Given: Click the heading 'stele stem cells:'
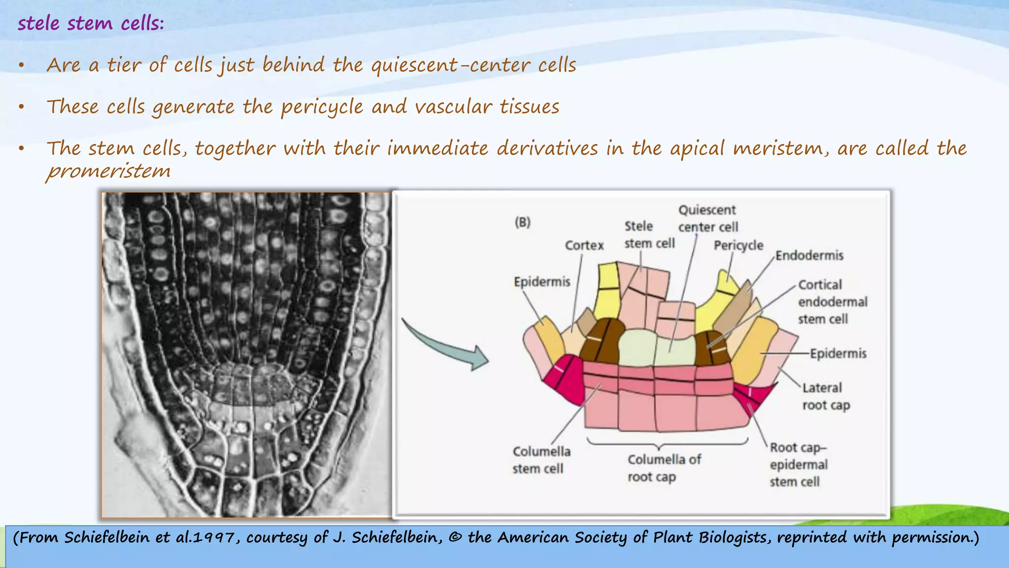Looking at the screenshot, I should [x=91, y=23].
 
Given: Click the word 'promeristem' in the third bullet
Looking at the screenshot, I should [x=108, y=171].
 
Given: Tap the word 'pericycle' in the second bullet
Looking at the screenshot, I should [x=322, y=107].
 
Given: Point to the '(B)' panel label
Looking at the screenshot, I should [x=523, y=222].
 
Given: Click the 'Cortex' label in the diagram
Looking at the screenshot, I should [x=584, y=245].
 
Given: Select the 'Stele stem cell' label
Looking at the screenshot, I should [x=649, y=235].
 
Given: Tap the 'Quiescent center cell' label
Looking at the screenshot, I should [x=707, y=218].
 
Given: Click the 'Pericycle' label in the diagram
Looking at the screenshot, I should [x=738, y=245].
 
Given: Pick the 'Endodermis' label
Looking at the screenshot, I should [x=809, y=255].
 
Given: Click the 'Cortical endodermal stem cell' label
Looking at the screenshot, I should [x=832, y=302].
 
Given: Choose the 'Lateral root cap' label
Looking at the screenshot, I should [x=826, y=396].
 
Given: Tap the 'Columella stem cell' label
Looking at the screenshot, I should [x=541, y=460].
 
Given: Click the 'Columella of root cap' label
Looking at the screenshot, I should [x=664, y=468].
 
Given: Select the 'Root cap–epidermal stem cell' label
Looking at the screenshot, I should [x=798, y=464].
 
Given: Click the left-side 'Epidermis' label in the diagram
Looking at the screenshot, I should [x=541, y=282].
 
